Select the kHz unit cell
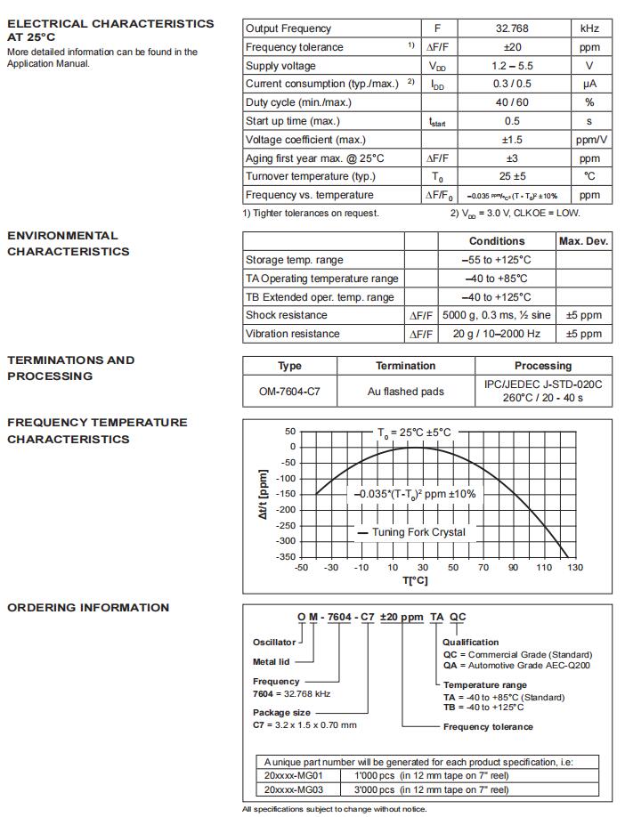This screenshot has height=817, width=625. pos(589,28)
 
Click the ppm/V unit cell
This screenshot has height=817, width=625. pos(589,140)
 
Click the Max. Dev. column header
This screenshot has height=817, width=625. pos(583,241)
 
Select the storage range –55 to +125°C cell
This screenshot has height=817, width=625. pos(498,260)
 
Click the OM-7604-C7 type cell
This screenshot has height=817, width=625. pos(289,391)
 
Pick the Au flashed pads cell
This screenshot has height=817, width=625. pos(405,391)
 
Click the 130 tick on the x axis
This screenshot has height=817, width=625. pos(575,568)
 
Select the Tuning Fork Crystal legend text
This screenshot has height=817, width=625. pos(418,532)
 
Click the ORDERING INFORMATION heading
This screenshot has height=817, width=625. pos(88,608)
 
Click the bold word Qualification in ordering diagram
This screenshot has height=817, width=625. pos(471,642)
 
